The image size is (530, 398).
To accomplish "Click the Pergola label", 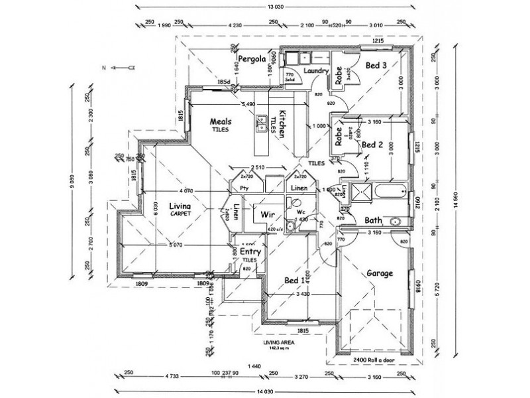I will pos(252,59).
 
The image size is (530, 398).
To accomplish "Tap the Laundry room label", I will pos(317,70).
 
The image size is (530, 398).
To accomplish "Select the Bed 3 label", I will pos(376,64).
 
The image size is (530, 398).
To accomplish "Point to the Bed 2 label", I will pos(373,144).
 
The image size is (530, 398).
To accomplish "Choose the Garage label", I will pos(380,273).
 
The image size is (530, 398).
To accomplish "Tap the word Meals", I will pos(220,121).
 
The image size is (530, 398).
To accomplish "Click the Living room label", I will pos(180,206).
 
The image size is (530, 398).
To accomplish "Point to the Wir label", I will pos(268,215).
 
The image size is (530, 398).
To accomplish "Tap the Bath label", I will pos(372,221).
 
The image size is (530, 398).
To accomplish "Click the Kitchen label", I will pos(282,123).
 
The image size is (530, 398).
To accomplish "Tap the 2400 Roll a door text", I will pos(373,360).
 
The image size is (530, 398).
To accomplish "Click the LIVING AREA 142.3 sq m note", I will pos(277,345).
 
